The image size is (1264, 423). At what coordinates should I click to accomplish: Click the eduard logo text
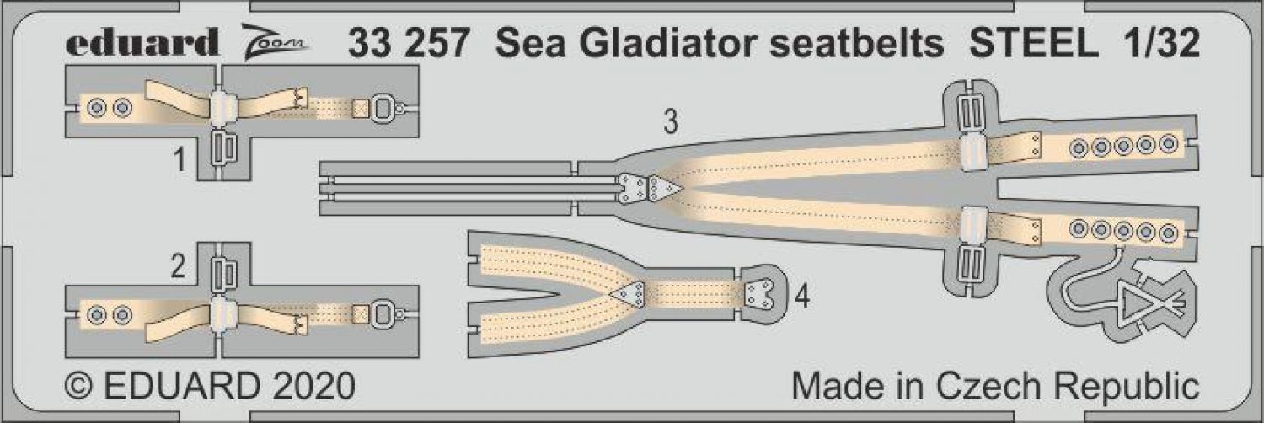(x=142, y=42)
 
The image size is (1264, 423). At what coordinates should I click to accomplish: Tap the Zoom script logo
(x=275, y=42)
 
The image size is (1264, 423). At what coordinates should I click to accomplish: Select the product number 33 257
(x=408, y=43)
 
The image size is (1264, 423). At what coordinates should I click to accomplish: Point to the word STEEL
(x=1034, y=43)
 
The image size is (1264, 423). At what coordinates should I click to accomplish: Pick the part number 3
(x=671, y=122)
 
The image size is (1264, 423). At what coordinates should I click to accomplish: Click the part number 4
(x=802, y=296)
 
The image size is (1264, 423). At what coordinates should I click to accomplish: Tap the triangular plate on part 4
(x=628, y=294)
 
